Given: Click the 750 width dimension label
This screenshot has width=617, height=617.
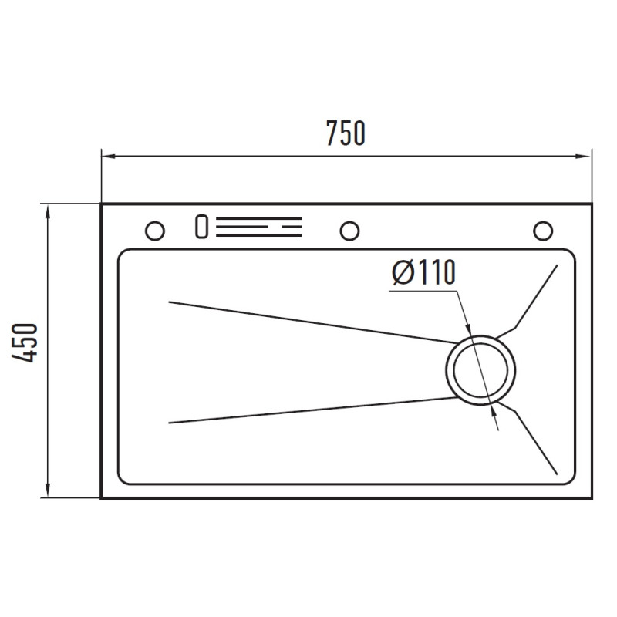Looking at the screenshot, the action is click(346, 133).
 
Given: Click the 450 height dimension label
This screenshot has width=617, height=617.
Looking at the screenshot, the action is click(25, 342).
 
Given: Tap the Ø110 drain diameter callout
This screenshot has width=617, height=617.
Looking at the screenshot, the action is click(423, 272).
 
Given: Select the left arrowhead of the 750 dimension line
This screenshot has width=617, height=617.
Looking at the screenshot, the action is click(109, 157).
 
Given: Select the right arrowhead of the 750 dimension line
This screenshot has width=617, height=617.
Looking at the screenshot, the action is click(585, 157).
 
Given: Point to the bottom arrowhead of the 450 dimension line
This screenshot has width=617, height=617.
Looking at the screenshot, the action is click(48, 491).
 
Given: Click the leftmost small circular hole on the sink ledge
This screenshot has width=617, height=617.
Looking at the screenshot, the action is click(155, 231).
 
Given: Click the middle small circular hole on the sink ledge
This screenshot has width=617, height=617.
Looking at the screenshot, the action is click(349, 231).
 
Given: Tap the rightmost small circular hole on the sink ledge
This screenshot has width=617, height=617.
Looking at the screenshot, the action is click(543, 231).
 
